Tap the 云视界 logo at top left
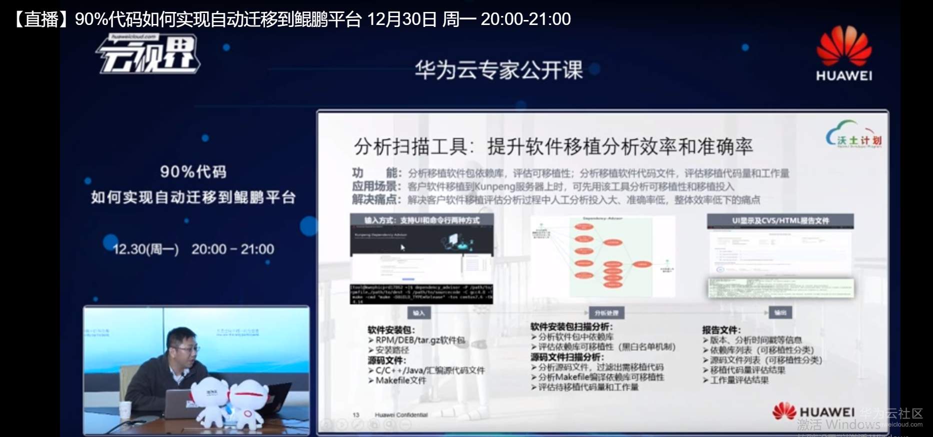148,54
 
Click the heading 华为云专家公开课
498,70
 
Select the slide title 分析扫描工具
410,147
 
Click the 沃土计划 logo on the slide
854,136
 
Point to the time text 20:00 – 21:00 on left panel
232,249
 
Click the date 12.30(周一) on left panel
145,249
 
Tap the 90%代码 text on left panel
193,172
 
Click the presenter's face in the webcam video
181,345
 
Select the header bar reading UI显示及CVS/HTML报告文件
780,221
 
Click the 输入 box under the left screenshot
419,313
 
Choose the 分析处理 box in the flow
606,313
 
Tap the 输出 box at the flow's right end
780,313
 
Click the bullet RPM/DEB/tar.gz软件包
420,340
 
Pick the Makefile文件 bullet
401,381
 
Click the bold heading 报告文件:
721,330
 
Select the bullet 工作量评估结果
739,380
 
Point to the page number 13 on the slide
356,415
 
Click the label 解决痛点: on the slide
375,200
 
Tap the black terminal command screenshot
421,294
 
